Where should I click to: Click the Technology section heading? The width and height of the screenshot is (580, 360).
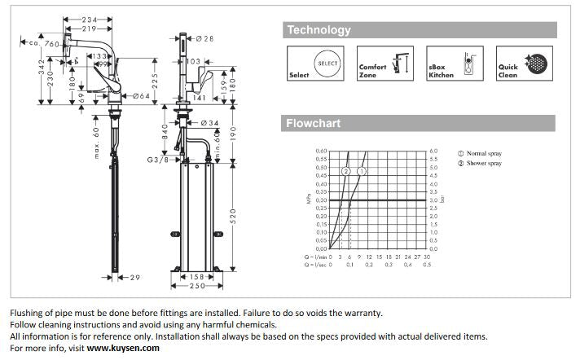(x=318, y=30)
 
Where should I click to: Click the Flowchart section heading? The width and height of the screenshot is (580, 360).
(x=314, y=124)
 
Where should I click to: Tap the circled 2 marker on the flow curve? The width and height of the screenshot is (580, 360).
(x=345, y=172)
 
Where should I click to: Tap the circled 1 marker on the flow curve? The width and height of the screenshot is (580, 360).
(x=362, y=172)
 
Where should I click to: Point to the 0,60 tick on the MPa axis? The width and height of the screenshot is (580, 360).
(x=321, y=151)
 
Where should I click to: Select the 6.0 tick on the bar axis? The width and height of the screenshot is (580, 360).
(x=433, y=151)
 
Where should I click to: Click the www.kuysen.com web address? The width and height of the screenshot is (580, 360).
(x=123, y=348)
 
